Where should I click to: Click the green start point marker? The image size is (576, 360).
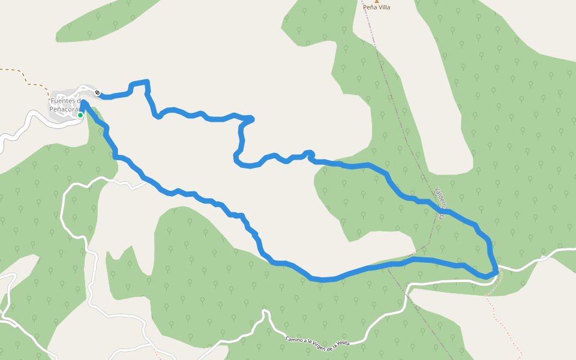tap(80, 115)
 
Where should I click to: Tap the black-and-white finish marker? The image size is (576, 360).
tap(97, 92)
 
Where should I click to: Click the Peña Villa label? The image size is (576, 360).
tap(377, 8)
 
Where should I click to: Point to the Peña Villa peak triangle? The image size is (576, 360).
tap(377, 1)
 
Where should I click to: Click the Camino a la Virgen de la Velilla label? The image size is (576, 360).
tap(317, 341)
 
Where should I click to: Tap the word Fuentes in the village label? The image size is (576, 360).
tap(64, 101)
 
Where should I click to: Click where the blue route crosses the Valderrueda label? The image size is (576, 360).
tap(445, 211)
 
